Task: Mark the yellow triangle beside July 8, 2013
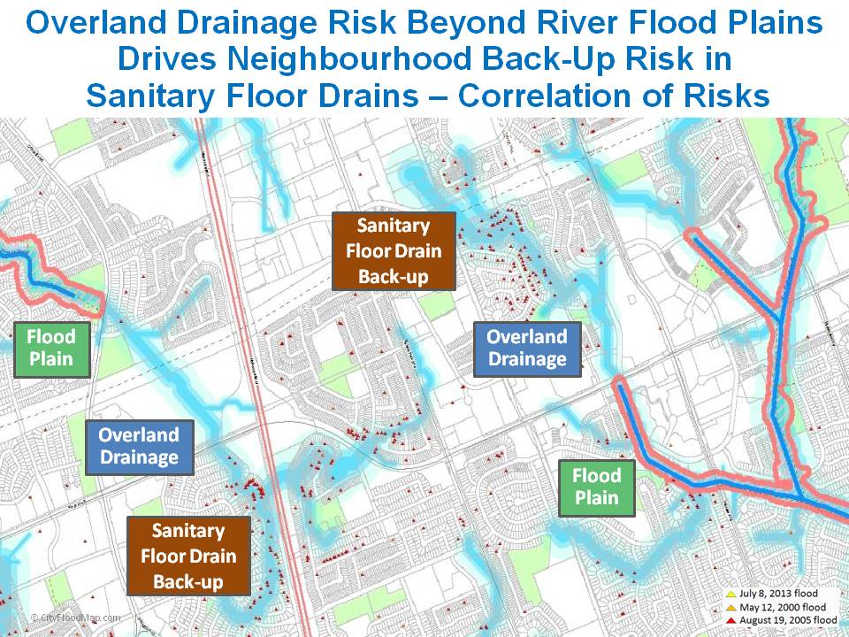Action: pos(730,593)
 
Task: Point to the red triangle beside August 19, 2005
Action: pos(730,620)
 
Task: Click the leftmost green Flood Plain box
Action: pos(51,349)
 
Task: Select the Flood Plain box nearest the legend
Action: pos(597,487)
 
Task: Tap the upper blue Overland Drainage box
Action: pos(527,348)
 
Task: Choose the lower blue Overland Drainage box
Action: pos(139,446)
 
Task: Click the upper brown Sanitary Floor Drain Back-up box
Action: pos(394,250)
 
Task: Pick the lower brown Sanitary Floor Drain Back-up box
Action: pos(187,556)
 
